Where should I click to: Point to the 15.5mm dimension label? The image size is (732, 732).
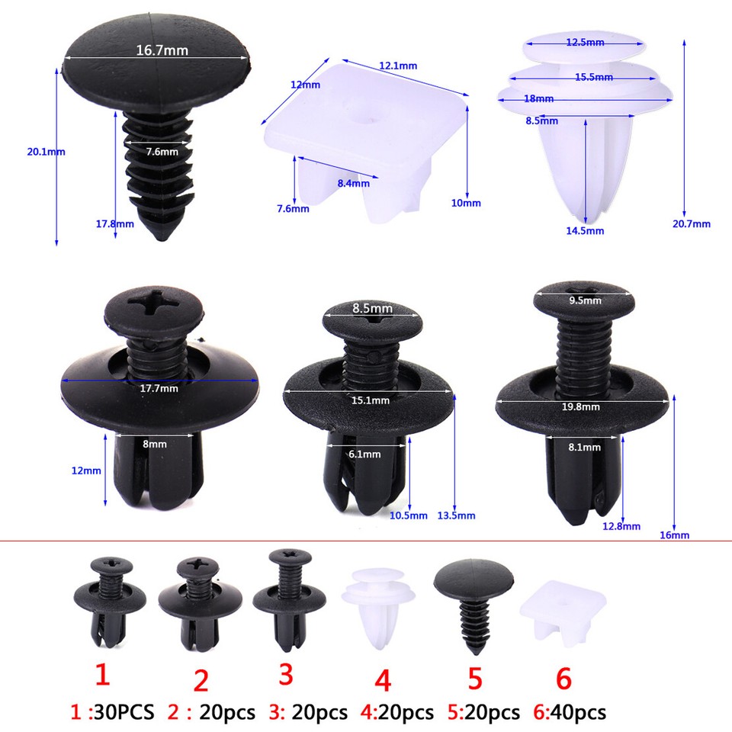(594, 77)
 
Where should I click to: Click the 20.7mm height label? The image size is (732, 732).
(691, 223)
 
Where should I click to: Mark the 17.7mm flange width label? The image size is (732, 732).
(159, 388)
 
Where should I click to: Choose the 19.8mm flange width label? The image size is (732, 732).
(580, 406)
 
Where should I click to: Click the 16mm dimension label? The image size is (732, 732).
(673, 535)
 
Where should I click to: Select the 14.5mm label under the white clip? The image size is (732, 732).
(585, 230)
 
